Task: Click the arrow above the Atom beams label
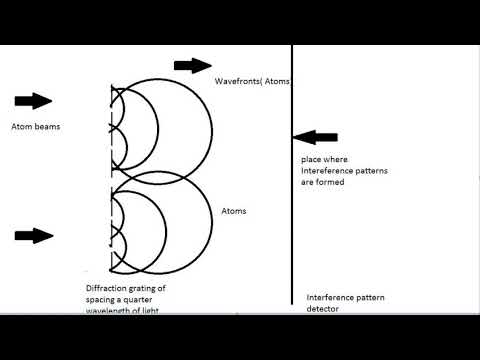34,101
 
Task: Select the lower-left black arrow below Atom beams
34,236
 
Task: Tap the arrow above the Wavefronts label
193,66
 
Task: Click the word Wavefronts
236,80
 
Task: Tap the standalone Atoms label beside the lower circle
233,211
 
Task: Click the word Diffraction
105,288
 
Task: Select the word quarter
149,299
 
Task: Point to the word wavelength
109,310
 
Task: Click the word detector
322,309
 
